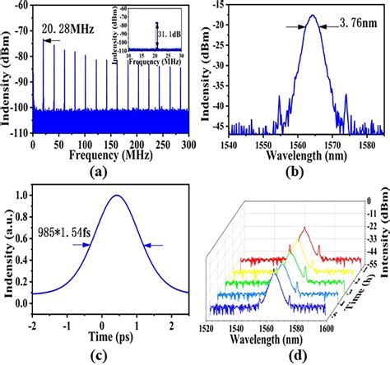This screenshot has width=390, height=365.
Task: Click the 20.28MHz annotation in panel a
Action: coord(67,32)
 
